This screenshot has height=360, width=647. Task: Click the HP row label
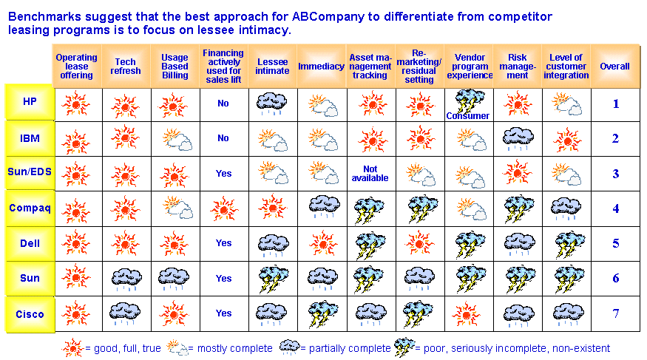(30, 101)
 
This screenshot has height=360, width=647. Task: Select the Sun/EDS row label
(30, 171)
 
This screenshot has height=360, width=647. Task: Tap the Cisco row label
(30, 314)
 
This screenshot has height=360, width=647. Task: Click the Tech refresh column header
(126, 67)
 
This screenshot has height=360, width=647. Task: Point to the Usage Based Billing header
(175, 67)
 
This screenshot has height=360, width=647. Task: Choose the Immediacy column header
(321, 67)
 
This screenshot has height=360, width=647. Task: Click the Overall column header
(614, 67)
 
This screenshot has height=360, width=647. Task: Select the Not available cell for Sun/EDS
(370, 174)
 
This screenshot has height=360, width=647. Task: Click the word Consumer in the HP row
(467, 116)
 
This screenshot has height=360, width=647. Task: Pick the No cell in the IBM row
(223, 138)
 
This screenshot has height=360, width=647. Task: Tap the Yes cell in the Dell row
(223, 243)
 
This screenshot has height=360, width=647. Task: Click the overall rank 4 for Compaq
(616, 208)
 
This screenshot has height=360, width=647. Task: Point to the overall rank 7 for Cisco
(616, 314)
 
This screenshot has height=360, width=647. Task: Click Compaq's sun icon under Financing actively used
(224, 208)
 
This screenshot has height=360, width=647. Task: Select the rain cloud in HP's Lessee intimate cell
(271, 103)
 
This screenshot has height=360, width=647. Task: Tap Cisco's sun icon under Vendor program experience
(467, 314)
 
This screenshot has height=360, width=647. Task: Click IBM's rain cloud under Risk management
(518, 138)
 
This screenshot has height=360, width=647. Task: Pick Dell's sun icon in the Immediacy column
(323, 243)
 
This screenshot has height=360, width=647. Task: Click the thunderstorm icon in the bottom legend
(404, 347)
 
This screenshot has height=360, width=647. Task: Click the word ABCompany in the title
(328, 17)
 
